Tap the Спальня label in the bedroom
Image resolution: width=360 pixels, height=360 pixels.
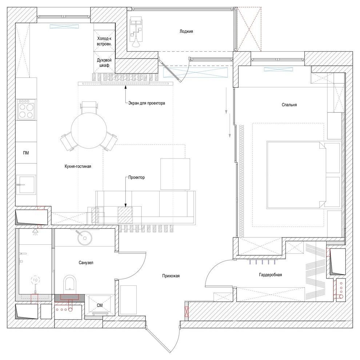tap(289, 105)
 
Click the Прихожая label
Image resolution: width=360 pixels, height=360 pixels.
tap(171, 276)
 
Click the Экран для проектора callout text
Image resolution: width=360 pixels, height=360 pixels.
tap(147, 103)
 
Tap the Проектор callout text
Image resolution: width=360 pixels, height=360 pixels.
tap(137, 177)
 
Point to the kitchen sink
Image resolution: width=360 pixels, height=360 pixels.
tap(26, 184)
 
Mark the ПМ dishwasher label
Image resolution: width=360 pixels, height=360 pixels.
tap(25, 153)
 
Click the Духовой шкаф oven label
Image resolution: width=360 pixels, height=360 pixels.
tap(104, 63)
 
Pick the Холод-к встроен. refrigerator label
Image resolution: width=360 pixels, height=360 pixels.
tap(104, 41)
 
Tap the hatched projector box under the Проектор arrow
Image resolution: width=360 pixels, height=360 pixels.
tap(125, 215)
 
